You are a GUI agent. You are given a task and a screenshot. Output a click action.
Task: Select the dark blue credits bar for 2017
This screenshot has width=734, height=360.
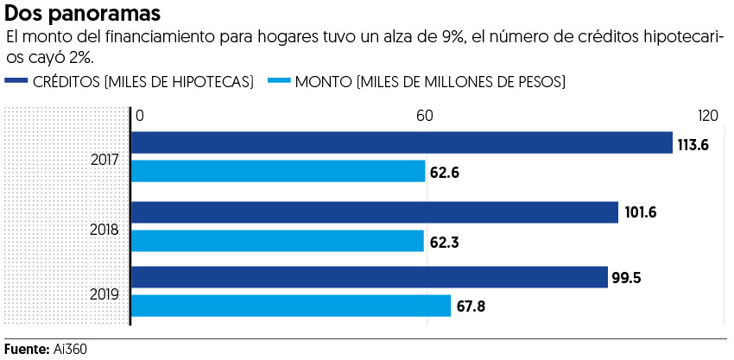(x=402, y=142)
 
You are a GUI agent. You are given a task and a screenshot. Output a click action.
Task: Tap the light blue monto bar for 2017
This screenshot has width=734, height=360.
(x=278, y=171)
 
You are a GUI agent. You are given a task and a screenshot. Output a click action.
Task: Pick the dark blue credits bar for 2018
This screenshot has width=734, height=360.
(x=375, y=212)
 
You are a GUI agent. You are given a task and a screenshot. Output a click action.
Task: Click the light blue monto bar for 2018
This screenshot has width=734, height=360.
(x=277, y=241)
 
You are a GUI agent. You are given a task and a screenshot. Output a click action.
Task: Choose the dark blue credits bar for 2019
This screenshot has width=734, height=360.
(x=370, y=277)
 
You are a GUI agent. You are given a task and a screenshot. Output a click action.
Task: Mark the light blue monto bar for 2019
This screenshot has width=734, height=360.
(x=291, y=306)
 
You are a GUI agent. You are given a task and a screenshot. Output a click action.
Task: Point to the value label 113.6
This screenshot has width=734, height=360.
(x=693, y=145)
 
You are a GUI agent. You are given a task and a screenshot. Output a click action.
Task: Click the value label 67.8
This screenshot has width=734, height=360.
(x=471, y=307)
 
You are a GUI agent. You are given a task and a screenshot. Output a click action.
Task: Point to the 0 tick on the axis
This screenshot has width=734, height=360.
(x=139, y=116)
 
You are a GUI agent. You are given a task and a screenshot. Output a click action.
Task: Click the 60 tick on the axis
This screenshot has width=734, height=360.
(x=424, y=116)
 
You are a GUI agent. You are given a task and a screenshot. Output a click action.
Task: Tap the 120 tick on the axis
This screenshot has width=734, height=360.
(x=708, y=116)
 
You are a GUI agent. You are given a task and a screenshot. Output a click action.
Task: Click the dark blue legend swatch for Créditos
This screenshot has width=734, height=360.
(x=16, y=82)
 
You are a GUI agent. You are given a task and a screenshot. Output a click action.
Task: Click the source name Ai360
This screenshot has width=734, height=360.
(x=71, y=349)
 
